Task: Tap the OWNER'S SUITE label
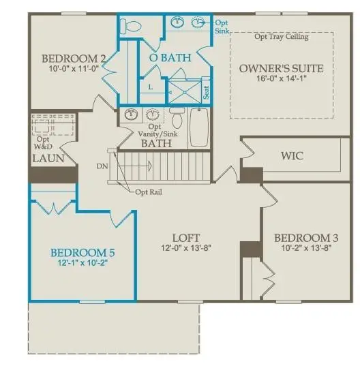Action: point(281,69)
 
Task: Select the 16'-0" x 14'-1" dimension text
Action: point(281,78)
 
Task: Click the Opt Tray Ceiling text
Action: point(281,37)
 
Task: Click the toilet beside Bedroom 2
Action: point(129,27)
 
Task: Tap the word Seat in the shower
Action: point(205,89)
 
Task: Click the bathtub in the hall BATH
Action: point(200,127)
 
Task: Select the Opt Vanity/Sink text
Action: point(155,131)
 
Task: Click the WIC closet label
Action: point(292,156)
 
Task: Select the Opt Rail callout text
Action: point(149,191)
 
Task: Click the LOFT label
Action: point(185,237)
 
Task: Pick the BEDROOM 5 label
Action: point(83,253)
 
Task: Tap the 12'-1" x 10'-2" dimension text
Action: point(83,263)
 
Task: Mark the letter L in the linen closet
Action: point(150,87)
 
